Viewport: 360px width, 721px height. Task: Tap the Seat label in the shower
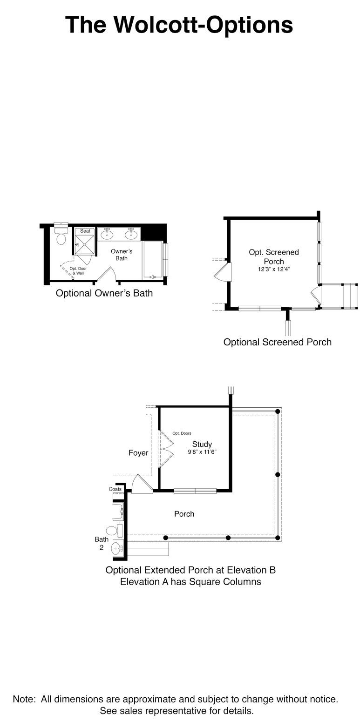pyautogui.click(x=85, y=231)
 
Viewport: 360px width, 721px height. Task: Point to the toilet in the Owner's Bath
pyautogui.click(x=61, y=238)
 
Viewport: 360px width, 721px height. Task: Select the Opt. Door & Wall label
pyautogui.click(x=78, y=270)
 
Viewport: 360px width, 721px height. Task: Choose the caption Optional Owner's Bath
pyautogui.click(x=104, y=293)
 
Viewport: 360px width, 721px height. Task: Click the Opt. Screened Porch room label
pyautogui.click(x=274, y=256)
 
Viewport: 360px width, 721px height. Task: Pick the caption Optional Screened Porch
pyautogui.click(x=278, y=342)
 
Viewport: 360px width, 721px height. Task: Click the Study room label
pyautogui.click(x=202, y=444)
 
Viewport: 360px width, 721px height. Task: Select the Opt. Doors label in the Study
pyautogui.click(x=182, y=433)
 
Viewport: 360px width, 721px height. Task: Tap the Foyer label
pyautogui.click(x=138, y=453)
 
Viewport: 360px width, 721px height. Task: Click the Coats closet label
pyautogui.click(x=115, y=489)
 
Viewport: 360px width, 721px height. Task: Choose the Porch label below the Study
pyautogui.click(x=184, y=514)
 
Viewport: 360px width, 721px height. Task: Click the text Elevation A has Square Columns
pyautogui.click(x=190, y=582)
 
